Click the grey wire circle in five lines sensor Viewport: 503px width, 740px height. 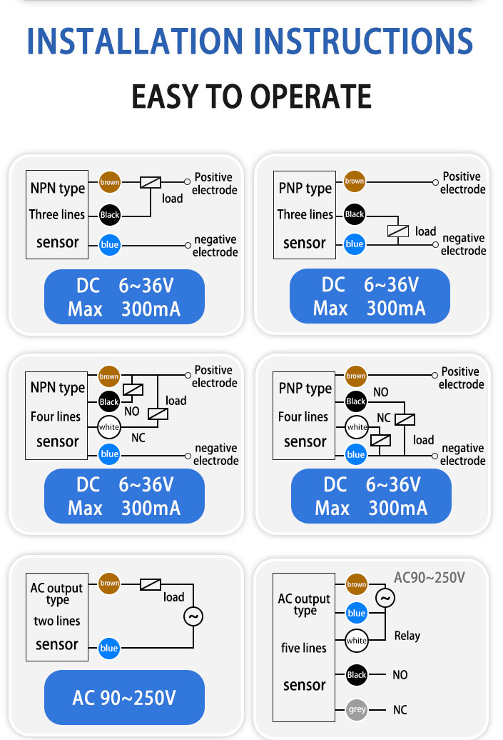coord(357,709)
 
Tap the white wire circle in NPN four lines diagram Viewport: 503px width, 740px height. coord(109,427)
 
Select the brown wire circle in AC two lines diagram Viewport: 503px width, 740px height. coord(109,584)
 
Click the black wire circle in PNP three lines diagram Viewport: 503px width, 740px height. coord(355,214)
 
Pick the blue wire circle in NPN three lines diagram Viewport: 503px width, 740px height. coord(110,244)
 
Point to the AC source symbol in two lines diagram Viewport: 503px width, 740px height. coord(193,616)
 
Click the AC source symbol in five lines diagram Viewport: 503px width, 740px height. coord(385,598)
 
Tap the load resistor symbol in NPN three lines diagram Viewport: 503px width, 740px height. coord(151,182)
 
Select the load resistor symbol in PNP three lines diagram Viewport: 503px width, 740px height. coord(398,231)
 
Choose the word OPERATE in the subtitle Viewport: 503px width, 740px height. coord(311,96)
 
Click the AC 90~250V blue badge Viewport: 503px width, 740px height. coord(124,697)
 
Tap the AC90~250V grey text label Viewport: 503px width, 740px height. coord(430,578)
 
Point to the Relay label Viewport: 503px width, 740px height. coord(407,636)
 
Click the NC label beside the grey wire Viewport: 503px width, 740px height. coord(400,710)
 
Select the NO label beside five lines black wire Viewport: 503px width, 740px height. coord(400,675)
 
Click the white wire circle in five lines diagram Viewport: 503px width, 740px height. coord(357,641)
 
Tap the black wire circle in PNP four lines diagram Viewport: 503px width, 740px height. coord(356,401)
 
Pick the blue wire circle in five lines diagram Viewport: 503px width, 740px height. coord(357,613)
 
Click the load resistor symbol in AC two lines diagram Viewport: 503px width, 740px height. coord(151,584)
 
